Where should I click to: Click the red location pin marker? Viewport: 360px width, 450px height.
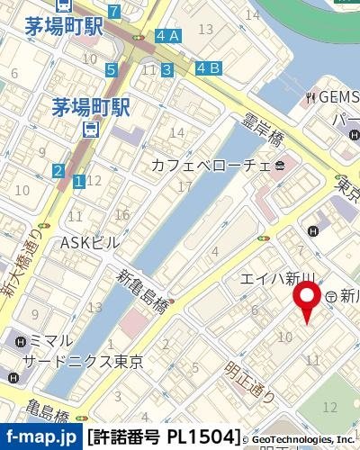[x=309, y=300]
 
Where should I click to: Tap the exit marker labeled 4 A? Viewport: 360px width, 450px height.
[x=167, y=36]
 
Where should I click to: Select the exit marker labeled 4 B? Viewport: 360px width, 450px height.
[x=208, y=67]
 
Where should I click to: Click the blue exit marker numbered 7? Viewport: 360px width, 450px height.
[x=113, y=12]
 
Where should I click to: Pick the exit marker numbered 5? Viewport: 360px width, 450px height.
[x=111, y=69]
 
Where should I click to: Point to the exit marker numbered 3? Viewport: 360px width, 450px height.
[x=166, y=69]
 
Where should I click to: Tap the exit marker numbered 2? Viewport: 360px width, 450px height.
[x=58, y=171]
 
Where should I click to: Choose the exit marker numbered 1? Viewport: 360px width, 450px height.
[x=79, y=182]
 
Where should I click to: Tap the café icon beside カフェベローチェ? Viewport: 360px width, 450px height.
[x=280, y=165]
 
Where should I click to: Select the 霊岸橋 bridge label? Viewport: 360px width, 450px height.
[x=264, y=125]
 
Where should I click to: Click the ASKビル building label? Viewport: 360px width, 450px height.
[x=89, y=242]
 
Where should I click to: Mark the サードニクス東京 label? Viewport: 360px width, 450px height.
[x=87, y=361]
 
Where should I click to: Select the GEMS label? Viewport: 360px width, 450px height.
[x=337, y=96]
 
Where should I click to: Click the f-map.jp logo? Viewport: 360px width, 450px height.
[x=40, y=437]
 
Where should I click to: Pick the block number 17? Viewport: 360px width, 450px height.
[x=185, y=186]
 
